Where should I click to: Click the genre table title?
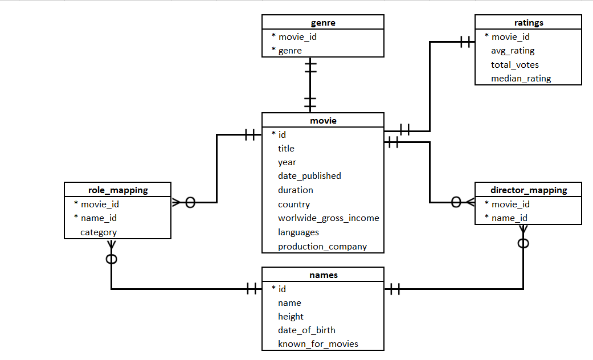tap(323, 23)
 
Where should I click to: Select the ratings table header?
tap(528, 23)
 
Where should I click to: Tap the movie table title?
tap(323, 120)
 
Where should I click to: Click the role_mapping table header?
tap(118, 190)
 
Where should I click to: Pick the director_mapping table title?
tap(528, 190)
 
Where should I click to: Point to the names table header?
tap(323, 275)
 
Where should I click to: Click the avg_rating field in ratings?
tap(513, 51)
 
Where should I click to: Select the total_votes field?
tap(514, 65)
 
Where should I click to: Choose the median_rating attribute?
tap(521, 79)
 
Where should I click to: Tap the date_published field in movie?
tap(309, 176)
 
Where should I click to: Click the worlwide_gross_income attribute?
tap(328, 218)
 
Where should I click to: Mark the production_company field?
tap(322, 247)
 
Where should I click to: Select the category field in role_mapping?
tap(99, 232)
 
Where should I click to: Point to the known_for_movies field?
tap(318, 343)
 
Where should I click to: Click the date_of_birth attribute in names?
tap(306, 330)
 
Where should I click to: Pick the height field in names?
tap(291, 316)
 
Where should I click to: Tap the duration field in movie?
tap(295, 190)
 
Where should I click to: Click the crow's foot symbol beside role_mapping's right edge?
tap(176, 202)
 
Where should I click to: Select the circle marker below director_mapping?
tap(524, 244)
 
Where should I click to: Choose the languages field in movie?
tap(298, 232)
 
